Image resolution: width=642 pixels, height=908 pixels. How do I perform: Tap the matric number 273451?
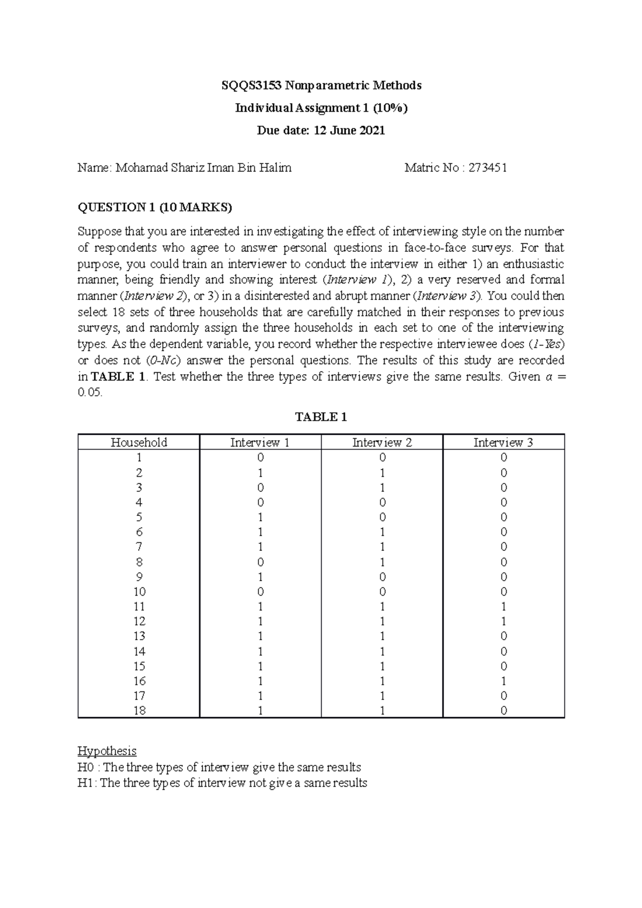click(488, 168)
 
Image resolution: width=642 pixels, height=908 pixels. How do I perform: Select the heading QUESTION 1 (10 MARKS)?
click(155, 207)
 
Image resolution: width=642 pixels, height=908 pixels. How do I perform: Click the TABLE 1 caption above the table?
click(321, 417)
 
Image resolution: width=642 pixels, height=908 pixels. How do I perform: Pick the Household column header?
click(139, 442)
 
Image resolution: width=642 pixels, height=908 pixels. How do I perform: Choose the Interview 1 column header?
click(260, 442)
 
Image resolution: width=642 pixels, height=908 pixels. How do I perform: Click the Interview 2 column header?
click(382, 442)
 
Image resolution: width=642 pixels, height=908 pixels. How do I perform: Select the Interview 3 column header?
click(503, 442)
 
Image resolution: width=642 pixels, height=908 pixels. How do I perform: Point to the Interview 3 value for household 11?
click(503, 606)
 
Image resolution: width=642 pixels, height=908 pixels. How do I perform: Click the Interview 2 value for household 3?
click(382, 487)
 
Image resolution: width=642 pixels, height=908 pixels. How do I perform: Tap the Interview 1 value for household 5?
click(260, 517)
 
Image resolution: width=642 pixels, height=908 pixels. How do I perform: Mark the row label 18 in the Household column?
click(139, 711)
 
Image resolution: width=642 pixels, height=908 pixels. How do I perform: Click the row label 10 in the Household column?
click(139, 591)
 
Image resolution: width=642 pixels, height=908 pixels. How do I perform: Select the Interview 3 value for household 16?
click(503, 681)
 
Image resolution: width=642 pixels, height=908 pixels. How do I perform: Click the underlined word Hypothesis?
click(107, 751)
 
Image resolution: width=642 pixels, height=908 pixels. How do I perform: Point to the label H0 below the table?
click(85, 767)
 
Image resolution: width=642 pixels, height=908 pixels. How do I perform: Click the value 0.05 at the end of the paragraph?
click(89, 393)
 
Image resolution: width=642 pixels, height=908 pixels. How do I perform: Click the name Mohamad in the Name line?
click(137, 168)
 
